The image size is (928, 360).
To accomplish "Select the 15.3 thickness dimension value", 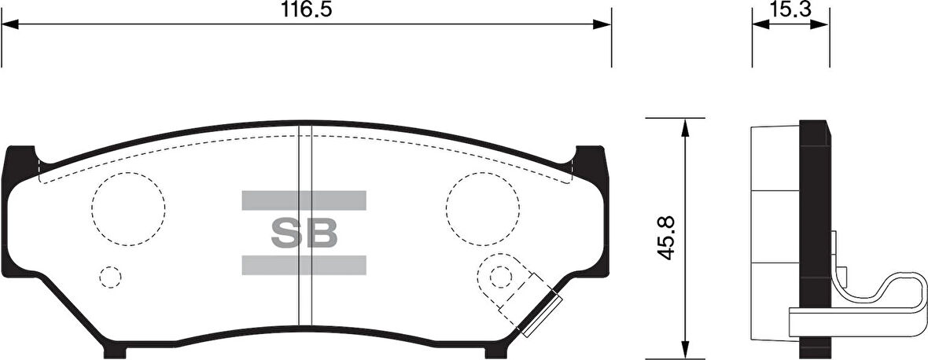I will click(790, 10).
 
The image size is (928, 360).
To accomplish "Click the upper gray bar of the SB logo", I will click(304, 200).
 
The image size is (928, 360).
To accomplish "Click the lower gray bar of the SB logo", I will click(304, 265).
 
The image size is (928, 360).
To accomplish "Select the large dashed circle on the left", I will click(128, 208).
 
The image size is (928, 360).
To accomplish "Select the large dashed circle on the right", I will click(483, 208).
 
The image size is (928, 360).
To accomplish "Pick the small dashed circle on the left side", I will click(110, 277).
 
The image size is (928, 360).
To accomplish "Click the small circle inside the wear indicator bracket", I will click(499, 277).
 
